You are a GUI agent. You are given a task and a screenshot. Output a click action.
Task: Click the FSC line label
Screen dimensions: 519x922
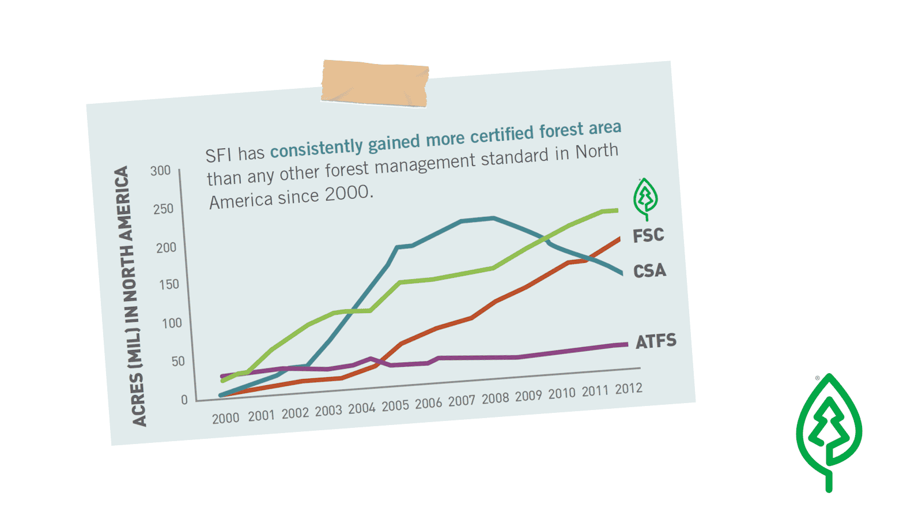tap(648, 235)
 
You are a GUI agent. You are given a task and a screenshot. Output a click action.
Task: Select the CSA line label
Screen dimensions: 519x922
tap(649, 270)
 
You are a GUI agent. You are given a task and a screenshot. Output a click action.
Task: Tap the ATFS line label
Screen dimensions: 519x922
tap(656, 341)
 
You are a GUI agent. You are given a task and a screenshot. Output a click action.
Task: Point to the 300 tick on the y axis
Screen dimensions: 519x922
tap(160, 171)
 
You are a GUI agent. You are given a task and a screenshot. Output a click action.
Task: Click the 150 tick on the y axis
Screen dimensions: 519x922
tap(169, 284)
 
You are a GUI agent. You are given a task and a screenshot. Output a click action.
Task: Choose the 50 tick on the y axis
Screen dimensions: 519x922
tap(178, 362)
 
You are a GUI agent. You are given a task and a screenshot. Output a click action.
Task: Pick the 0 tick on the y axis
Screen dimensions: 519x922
tap(184, 400)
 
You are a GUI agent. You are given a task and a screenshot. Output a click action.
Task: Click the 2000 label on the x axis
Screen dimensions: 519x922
tap(225, 418)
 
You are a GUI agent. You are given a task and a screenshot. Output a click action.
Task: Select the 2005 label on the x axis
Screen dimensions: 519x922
tap(395, 406)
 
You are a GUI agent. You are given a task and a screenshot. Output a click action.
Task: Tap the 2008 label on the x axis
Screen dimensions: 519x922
tap(495, 398)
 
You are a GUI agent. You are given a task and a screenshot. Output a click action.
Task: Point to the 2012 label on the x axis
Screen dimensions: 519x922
tap(628, 389)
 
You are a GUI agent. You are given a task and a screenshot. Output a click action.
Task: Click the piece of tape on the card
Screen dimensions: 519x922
tap(375, 84)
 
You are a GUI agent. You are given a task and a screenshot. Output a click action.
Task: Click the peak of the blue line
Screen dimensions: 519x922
tap(493, 218)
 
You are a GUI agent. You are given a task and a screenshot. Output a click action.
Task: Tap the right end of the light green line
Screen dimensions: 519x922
tap(617, 210)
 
